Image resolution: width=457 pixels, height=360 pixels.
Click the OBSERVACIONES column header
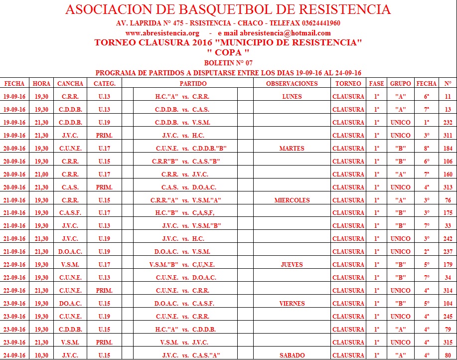tap(292, 83)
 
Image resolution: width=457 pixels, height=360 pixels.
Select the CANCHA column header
tap(70, 83)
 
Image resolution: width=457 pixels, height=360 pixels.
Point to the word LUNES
tap(292, 97)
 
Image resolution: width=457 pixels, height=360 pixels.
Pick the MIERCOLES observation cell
tap(292, 200)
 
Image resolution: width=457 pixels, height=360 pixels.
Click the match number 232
tap(448, 123)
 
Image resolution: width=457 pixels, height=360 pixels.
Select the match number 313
tap(448, 187)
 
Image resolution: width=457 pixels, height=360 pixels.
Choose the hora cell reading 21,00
tap(41, 175)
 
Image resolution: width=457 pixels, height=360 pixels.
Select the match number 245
tap(448, 317)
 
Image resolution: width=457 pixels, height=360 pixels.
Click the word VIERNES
tap(292, 304)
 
